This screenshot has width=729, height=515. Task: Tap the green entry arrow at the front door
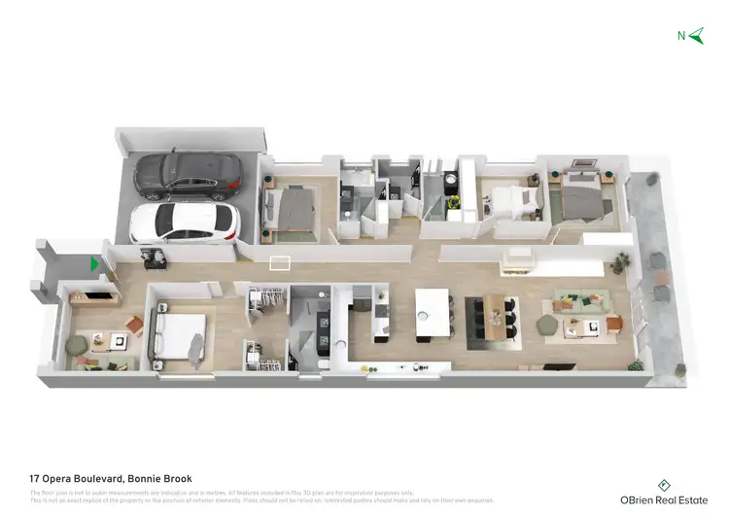tap(95, 263)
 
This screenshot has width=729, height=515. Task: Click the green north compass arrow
tap(696, 36)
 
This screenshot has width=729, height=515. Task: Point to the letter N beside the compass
tap(680, 37)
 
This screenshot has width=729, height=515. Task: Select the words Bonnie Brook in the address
tap(160, 478)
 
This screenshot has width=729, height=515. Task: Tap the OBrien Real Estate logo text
tap(664, 498)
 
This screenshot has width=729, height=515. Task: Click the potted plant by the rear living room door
tap(621, 261)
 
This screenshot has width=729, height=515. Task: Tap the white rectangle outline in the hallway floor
tap(281, 262)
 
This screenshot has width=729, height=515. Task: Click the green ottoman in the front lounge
tap(76, 344)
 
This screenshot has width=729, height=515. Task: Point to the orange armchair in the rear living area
tap(613, 324)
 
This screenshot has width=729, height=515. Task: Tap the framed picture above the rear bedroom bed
tap(584, 163)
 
